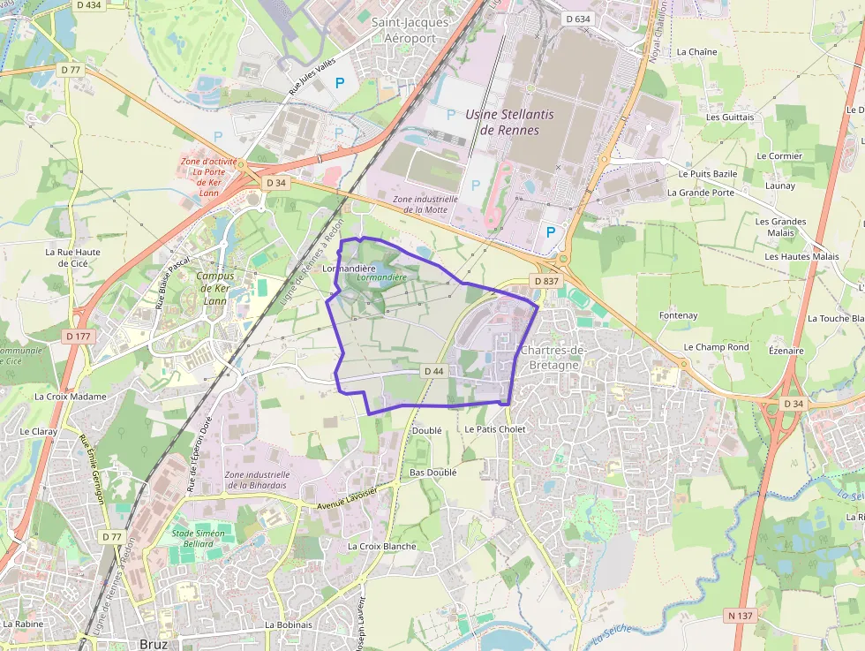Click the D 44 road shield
coord(432,371)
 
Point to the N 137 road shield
coord(741,614)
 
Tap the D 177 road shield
coord(78,336)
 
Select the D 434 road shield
coord(89,5)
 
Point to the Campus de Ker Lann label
coord(215,288)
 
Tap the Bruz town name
coord(154,644)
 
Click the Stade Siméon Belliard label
coord(199,539)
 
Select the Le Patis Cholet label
coord(495,429)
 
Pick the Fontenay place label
coord(678,315)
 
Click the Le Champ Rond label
coord(716,347)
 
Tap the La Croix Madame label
coord(70,397)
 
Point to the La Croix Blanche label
coord(381,546)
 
